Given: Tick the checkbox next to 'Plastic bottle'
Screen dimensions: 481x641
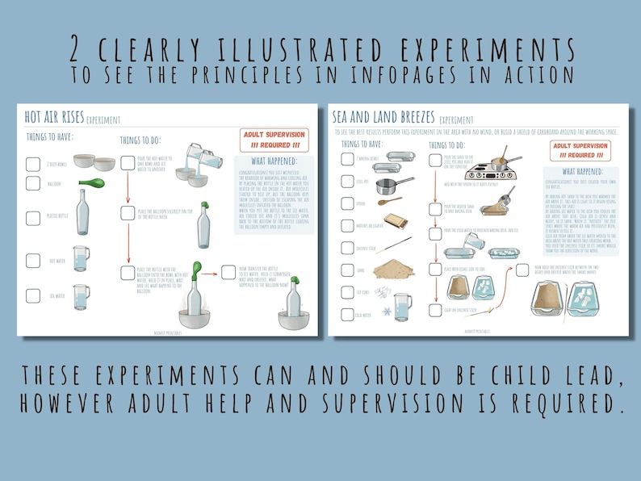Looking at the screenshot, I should (x=33, y=217).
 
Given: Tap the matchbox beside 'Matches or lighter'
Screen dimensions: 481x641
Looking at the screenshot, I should (x=395, y=220).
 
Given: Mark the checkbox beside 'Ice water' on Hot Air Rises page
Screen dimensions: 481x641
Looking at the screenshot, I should (x=33, y=296).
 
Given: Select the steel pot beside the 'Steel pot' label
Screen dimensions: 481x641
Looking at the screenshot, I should (x=393, y=185).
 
